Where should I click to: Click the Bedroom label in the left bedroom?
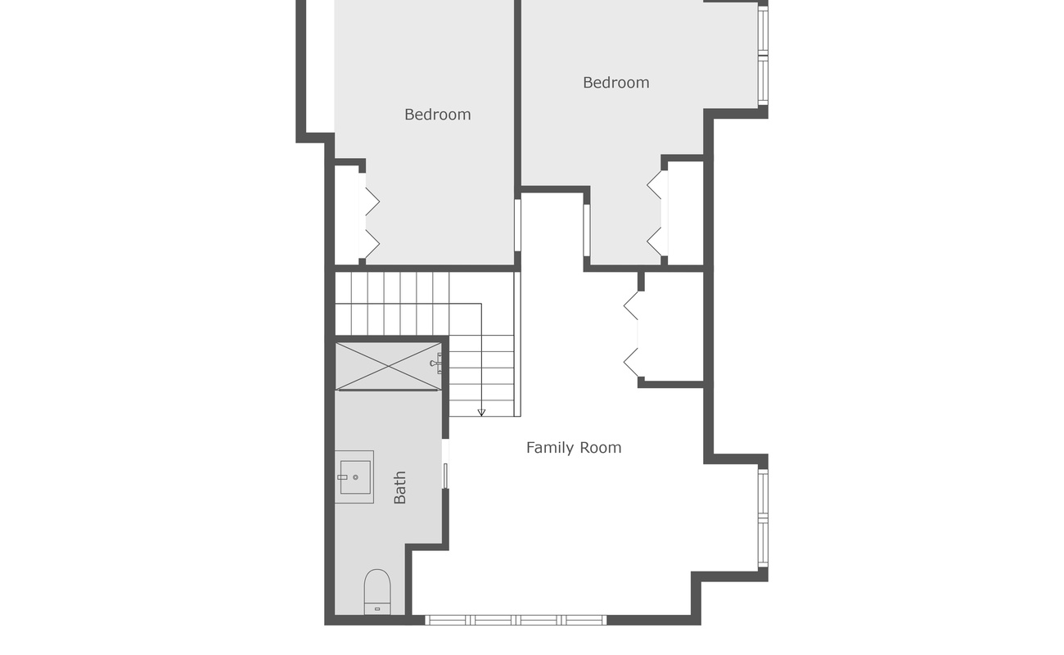tap(437, 115)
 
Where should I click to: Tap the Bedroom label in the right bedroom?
tap(615, 83)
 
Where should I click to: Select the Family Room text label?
tap(573, 448)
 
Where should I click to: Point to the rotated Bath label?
tap(399, 487)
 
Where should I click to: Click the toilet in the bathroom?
tap(377, 591)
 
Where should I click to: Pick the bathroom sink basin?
tap(354, 477)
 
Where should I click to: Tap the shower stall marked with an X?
tap(389, 366)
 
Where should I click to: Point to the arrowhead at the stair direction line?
tap(481, 412)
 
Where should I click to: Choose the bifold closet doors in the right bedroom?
tap(657, 213)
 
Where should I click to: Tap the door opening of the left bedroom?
tap(517, 225)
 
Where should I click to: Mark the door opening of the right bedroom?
tap(586, 230)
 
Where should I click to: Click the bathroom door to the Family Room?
tap(445, 464)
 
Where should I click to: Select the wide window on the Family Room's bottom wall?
tap(516, 620)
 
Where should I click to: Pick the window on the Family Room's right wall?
tap(762, 517)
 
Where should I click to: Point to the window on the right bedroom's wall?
tap(762, 56)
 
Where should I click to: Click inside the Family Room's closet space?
tap(674, 327)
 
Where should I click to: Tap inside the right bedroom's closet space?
tap(685, 213)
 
